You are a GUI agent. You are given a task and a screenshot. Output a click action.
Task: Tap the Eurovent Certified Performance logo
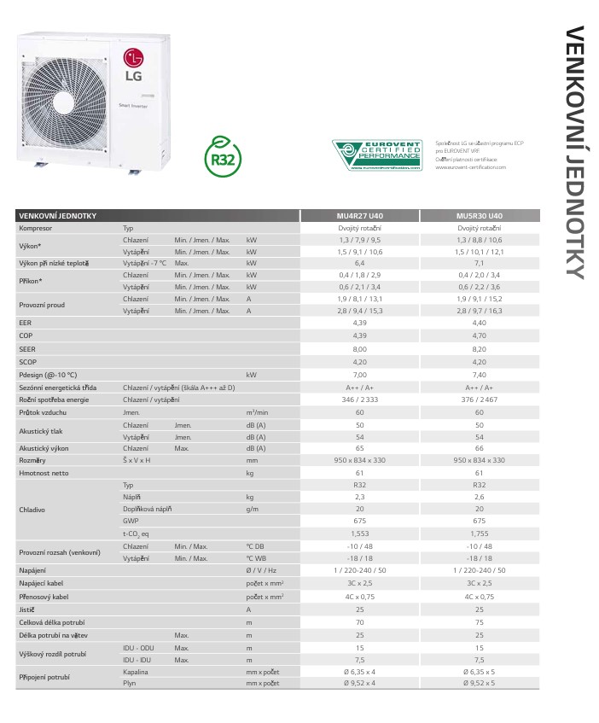377,155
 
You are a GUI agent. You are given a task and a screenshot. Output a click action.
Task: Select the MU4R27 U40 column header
359,217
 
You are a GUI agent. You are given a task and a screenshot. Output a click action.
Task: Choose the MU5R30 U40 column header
479,217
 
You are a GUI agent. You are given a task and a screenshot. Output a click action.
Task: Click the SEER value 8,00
359,349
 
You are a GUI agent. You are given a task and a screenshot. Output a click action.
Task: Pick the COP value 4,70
479,337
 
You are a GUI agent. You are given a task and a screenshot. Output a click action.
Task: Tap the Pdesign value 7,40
479,374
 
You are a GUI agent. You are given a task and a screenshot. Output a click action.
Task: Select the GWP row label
131,520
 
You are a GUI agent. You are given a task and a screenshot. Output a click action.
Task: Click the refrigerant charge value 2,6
479,496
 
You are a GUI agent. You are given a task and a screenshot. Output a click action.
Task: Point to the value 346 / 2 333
359,399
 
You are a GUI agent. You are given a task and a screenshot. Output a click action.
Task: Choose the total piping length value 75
479,622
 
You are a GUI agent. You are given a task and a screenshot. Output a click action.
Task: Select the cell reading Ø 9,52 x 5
479,684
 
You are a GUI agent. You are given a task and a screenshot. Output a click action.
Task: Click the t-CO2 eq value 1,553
359,533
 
